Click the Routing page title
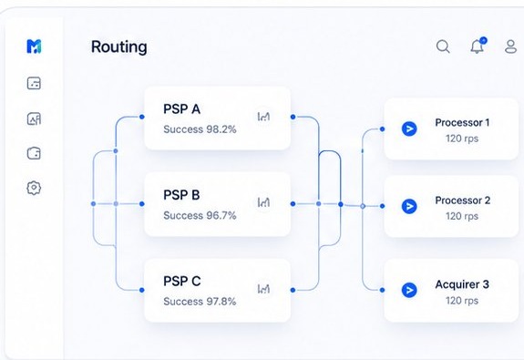pos(118,47)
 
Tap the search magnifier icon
pos(443,46)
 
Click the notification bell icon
pos(477,46)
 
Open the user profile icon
pos(511,46)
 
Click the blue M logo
pos(34,46)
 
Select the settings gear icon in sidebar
pos(34,188)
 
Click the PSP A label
pos(181,109)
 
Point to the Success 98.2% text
pos(200,129)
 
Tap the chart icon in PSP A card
pos(263,116)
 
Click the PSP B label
pos(181,195)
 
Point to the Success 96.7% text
pos(200,216)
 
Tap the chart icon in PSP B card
pos(263,202)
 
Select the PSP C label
pos(181,281)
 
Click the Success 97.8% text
pos(200,302)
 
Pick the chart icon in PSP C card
pos(263,288)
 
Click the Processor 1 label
pos(462,122)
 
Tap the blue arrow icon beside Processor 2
pos(409,207)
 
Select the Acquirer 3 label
pos(462,284)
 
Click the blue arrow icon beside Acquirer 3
pos(409,290)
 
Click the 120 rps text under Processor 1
pos(462,139)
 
